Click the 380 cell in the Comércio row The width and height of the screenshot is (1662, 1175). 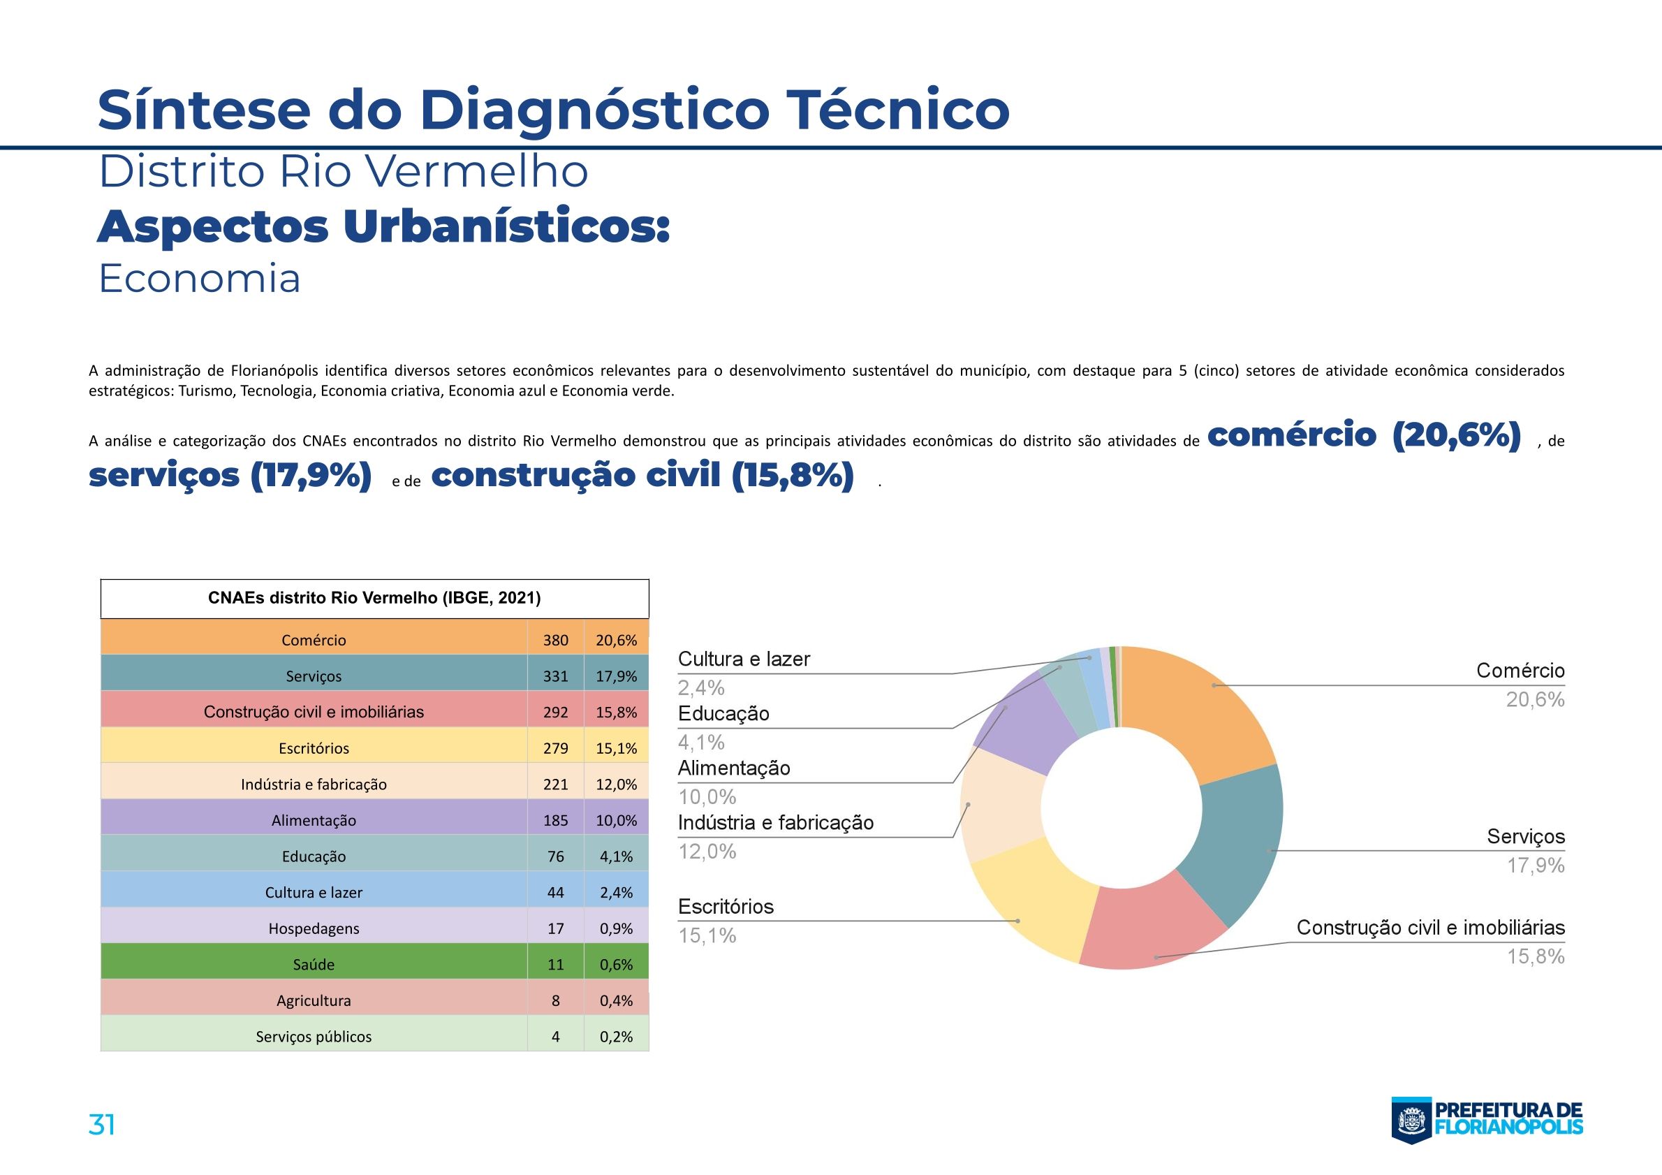click(x=555, y=640)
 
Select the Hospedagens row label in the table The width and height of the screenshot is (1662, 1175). click(x=314, y=928)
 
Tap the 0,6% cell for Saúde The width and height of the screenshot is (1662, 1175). click(x=616, y=964)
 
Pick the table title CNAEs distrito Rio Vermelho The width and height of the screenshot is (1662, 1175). click(x=374, y=598)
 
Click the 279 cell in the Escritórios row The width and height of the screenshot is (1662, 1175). click(x=555, y=748)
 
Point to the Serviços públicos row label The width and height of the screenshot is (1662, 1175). click(x=314, y=1037)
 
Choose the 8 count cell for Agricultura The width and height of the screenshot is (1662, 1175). click(x=555, y=1000)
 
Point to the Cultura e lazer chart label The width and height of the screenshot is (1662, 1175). click(x=744, y=659)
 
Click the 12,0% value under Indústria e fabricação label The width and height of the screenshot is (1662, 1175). click(x=707, y=852)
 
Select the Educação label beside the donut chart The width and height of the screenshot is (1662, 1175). click(x=723, y=714)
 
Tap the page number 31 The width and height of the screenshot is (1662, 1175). click(x=101, y=1124)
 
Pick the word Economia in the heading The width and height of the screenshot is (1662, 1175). click(x=199, y=279)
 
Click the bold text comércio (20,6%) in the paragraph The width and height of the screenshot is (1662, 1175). click(x=1364, y=435)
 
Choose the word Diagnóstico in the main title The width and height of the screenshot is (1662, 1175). click(x=594, y=110)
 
